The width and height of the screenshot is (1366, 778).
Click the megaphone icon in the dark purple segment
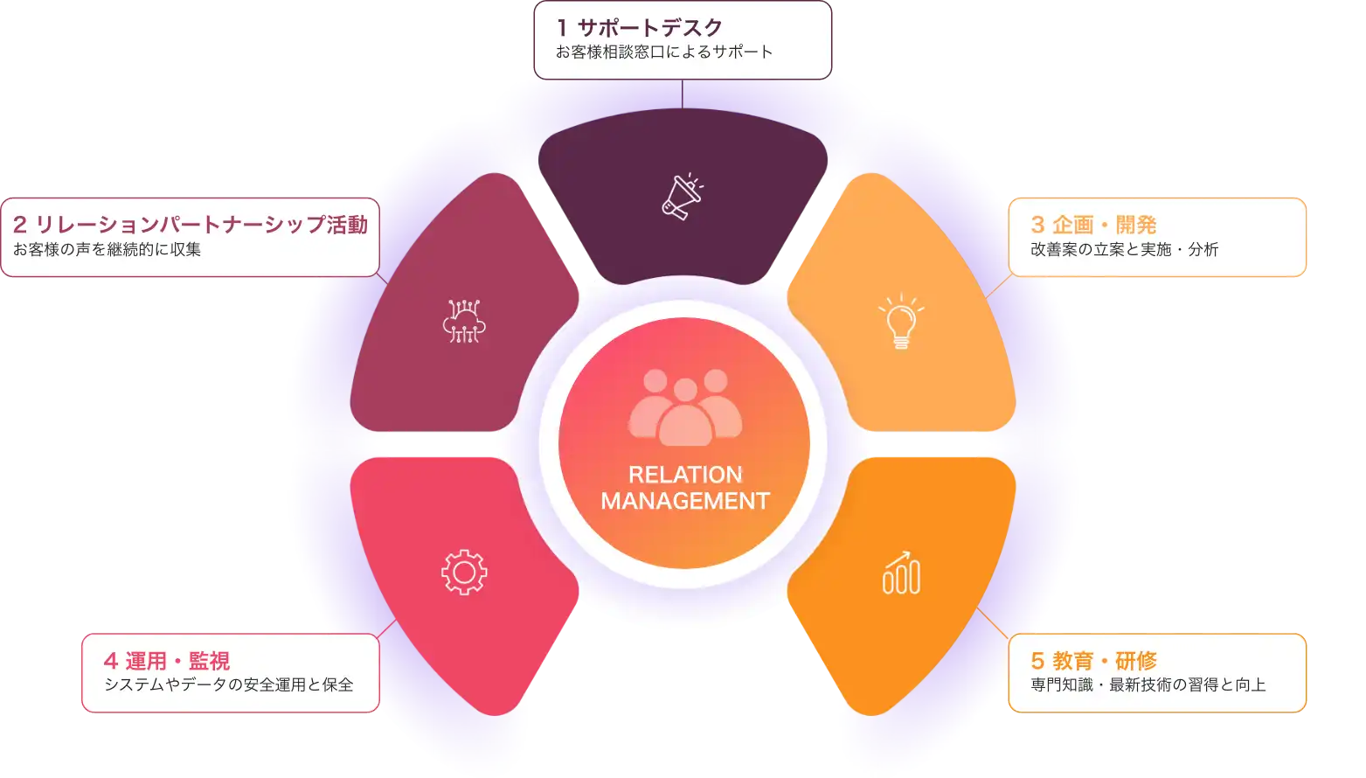[682, 195]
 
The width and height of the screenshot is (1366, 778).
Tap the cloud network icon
[464, 320]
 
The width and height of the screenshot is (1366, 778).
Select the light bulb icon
[901, 322]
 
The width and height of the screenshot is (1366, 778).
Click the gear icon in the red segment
[464, 573]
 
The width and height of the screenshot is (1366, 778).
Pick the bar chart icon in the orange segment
[901, 573]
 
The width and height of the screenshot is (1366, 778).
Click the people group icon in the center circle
[685, 406]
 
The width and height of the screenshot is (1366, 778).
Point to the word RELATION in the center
[685, 475]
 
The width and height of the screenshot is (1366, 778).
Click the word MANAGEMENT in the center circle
[685, 501]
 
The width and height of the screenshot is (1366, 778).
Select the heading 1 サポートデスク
[640, 28]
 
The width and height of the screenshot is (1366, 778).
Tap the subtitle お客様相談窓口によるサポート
[664, 52]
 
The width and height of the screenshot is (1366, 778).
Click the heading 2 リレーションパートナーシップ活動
[191, 225]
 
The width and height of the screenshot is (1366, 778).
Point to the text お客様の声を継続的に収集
[107, 250]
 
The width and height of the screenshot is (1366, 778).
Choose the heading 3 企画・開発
[1093, 225]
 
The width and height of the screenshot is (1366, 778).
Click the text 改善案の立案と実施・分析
[1124, 250]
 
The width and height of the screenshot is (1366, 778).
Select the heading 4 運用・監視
[166, 661]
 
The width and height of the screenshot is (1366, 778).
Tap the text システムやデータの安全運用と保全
[228, 685]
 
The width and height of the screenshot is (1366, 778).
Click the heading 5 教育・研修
[1093, 661]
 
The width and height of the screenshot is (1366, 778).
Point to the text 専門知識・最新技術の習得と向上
[1148, 685]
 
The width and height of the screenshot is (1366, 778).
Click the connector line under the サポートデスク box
[682, 94]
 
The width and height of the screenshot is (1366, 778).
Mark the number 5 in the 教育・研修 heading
[1037, 661]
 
